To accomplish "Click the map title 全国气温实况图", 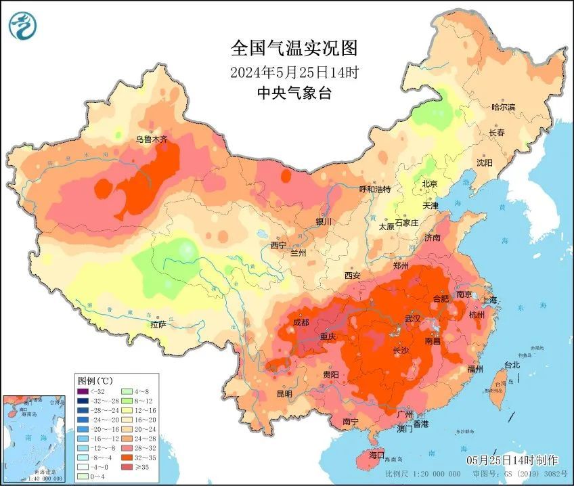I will tap(293, 48).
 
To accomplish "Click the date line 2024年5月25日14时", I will tap(293, 71).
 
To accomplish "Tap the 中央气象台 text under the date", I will tap(293, 93).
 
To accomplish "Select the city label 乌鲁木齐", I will tap(151, 139).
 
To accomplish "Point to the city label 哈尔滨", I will tap(503, 107).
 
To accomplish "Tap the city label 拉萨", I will tap(158, 324).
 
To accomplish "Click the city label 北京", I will tap(430, 184).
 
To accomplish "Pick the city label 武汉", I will tap(412, 318).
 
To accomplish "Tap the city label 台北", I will tap(512, 365).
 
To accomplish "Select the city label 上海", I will tap(488, 300).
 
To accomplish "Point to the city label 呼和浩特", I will tap(374, 189).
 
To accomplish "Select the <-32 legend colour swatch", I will tap(83, 391).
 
